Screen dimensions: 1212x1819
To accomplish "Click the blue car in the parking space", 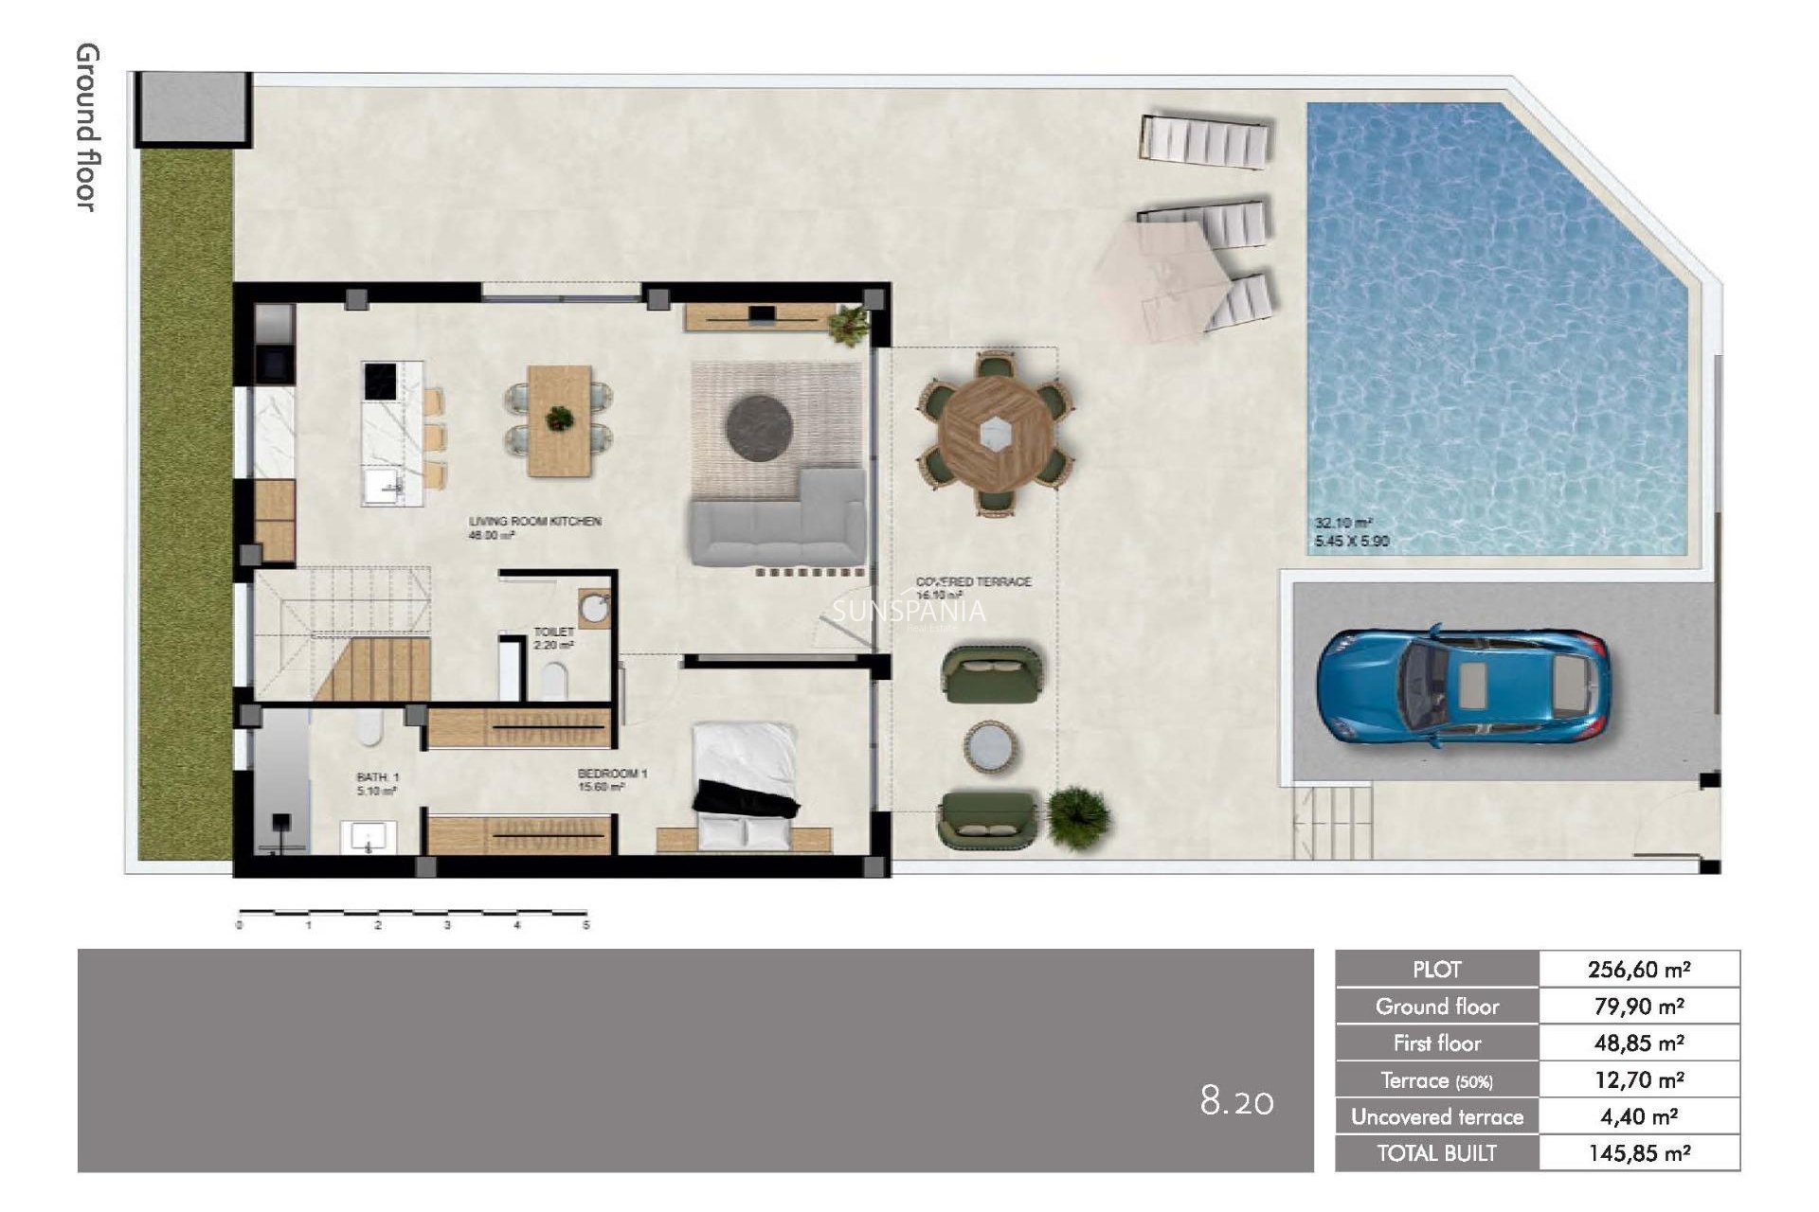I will pos(1463,685).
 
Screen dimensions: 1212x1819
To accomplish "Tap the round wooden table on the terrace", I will pos(994,434).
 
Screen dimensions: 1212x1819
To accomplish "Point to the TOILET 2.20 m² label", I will pos(554,638).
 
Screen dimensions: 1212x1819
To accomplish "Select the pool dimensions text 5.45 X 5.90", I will pos(1352,542).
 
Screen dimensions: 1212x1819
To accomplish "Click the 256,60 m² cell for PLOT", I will pos(1639,970).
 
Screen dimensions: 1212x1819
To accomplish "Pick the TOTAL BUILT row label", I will pos(1436,1153).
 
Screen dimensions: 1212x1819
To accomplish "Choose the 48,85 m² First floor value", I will pos(1639,1043).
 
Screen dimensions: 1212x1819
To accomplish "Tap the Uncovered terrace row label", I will pos(1436,1117).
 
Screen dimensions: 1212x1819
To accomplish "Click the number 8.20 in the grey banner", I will pos(1236,1101).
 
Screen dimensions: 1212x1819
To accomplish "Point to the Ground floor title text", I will pos(87,127).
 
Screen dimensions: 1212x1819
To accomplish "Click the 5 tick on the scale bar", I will pos(585,925).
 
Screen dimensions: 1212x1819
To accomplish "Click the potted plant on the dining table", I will pos(560,418).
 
